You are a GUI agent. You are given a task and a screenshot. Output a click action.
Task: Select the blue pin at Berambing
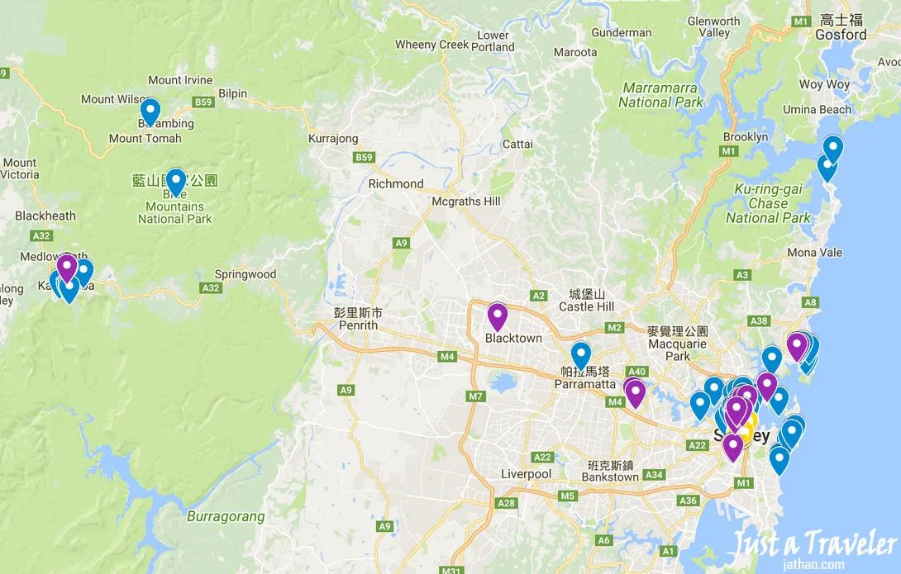click(150, 111)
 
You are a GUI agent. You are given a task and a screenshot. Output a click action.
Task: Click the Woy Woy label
click(824, 84)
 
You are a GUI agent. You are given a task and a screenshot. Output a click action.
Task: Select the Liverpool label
click(526, 474)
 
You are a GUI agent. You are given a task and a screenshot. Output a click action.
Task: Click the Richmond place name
click(396, 183)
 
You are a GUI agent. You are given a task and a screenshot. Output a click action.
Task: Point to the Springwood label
click(245, 273)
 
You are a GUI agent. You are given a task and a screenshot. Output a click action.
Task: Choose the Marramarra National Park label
click(660, 95)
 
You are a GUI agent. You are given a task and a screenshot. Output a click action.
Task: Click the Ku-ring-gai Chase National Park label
click(768, 203)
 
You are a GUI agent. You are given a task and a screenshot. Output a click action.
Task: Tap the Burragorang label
click(226, 517)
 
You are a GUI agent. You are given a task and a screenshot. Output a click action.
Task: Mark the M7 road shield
click(475, 396)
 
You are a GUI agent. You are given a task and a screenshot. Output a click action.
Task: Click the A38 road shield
click(758, 321)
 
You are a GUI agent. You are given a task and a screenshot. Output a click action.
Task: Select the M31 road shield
click(451, 569)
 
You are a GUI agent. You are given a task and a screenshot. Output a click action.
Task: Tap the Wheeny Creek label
click(431, 45)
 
